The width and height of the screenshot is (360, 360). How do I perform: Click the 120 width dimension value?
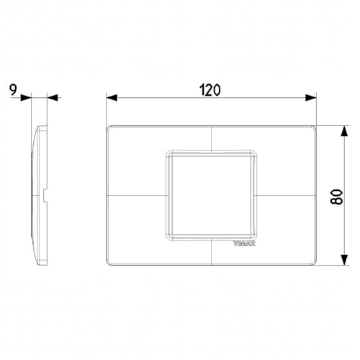pyautogui.click(x=210, y=90)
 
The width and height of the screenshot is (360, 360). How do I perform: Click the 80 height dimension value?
pyautogui.click(x=336, y=197)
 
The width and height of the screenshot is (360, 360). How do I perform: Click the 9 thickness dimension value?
pyautogui.click(x=13, y=90)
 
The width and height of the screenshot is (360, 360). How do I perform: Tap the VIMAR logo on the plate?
pyautogui.click(x=244, y=243)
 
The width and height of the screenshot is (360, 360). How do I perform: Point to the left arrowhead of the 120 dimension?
pyautogui.click(x=112, y=98)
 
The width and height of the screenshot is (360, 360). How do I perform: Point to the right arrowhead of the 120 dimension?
pyautogui.click(x=311, y=98)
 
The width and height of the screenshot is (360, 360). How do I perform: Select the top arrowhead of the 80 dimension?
pyautogui.click(x=344, y=131)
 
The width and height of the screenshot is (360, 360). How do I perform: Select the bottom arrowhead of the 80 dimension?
pyautogui.click(x=344, y=260)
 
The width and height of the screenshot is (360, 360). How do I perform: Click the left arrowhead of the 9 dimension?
pyautogui.click(x=26, y=98)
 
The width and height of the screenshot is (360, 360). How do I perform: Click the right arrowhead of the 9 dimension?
pyautogui.click(x=53, y=98)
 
